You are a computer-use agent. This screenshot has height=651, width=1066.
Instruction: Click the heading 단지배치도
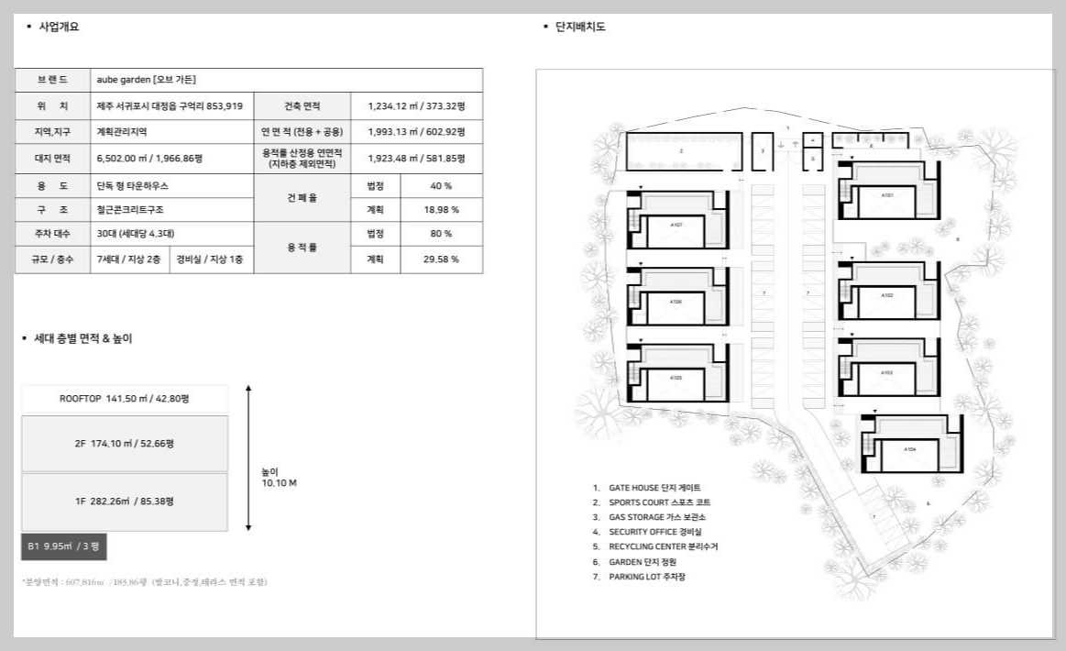tap(579, 27)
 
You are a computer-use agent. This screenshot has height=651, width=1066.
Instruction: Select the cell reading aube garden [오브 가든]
tap(147, 80)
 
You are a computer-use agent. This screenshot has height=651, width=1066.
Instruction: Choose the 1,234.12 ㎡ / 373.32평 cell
tap(416, 106)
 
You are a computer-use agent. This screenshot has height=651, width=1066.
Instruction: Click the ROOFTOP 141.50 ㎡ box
tap(125, 400)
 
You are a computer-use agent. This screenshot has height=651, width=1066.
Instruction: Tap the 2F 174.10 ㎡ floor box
tap(125, 444)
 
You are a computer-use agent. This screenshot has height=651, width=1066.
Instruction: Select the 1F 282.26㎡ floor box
tap(125, 502)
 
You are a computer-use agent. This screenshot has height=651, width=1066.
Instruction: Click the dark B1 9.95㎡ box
tap(69, 546)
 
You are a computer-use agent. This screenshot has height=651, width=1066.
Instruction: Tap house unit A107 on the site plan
tap(676, 225)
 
